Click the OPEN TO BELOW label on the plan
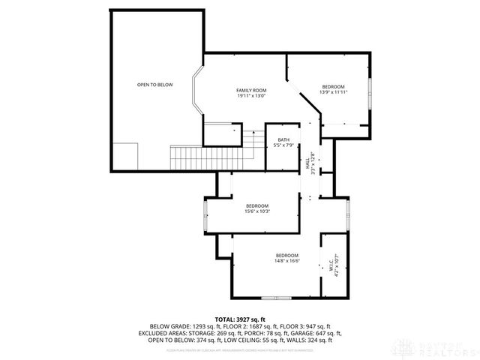click(154, 85)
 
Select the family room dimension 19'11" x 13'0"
click(251, 95)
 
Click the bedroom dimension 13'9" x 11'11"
click(334, 92)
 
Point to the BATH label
click(283, 139)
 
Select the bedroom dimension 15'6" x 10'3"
click(256, 211)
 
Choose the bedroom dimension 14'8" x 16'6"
click(286, 260)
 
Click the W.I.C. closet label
click(331, 265)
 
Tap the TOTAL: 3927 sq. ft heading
click(239, 319)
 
